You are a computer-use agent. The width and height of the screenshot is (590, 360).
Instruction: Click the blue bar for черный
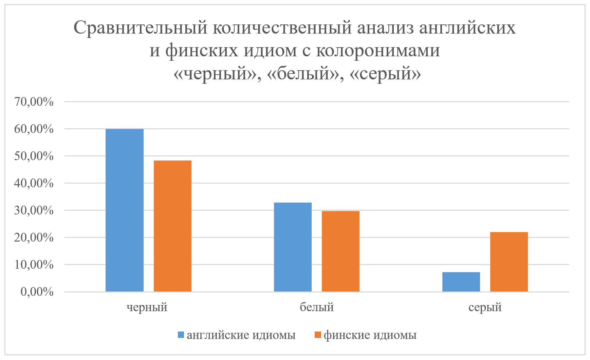[x=125, y=210]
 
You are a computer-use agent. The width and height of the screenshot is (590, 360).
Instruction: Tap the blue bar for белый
[x=293, y=247]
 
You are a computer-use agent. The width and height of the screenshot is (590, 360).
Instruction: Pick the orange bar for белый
[x=340, y=251]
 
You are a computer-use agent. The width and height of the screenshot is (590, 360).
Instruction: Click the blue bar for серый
[x=461, y=282]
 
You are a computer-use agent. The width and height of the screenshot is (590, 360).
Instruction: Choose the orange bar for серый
[x=509, y=262]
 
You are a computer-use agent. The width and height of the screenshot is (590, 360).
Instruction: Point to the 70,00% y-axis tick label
[x=34, y=102]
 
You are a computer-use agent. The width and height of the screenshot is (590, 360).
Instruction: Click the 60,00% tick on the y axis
[x=34, y=129]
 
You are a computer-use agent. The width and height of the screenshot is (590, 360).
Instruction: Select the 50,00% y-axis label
[x=34, y=156]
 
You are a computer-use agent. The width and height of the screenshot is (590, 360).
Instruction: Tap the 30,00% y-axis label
[x=34, y=210]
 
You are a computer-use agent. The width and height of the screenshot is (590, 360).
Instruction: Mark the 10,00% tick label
[x=34, y=265]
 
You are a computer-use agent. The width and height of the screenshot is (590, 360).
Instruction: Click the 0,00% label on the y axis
[x=37, y=292]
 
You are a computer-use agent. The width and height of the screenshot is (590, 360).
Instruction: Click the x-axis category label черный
[x=147, y=307]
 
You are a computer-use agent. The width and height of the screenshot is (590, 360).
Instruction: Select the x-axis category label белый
[x=317, y=307]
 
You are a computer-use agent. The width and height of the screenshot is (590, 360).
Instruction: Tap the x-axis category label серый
[x=485, y=307]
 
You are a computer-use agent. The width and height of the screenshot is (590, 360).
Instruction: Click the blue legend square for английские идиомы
[x=181, y=335]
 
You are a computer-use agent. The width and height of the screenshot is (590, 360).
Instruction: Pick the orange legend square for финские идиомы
[x=318, y=335]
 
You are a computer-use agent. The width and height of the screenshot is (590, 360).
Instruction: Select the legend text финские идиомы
[x=370, y=335]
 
